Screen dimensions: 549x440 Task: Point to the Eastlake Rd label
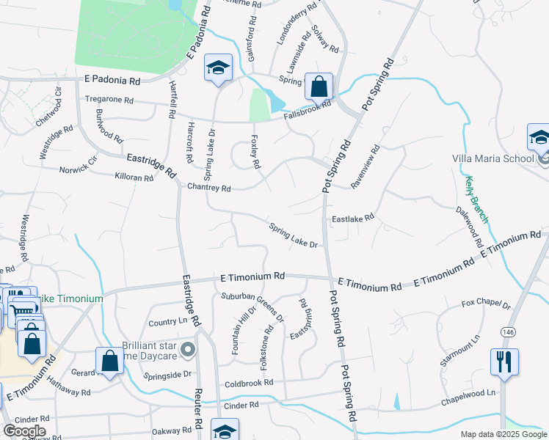(x=353, y=217)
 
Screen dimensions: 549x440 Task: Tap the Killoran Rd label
(x=134, y=177)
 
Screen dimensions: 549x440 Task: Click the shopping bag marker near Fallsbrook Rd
(x=319, y=86)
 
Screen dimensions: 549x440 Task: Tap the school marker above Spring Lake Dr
(x=218, y=68)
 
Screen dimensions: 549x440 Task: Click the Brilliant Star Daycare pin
(x=188, y=351)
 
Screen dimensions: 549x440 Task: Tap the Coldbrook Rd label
(x=249, y=383)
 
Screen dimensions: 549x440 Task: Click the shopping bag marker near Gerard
(x=109, y=360)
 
